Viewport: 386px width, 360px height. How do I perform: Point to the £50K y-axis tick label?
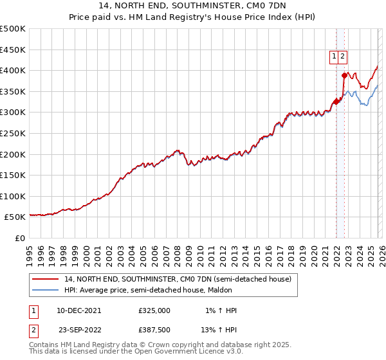(15, 217)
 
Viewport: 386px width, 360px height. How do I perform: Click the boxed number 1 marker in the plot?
(335, 57)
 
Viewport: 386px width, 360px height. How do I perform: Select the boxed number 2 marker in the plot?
(343, 57)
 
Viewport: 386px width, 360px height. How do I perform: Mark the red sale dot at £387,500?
(344, 75)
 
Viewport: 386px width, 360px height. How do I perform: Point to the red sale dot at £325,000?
(336, 102)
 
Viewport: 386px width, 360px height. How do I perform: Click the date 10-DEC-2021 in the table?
(78, 310)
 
